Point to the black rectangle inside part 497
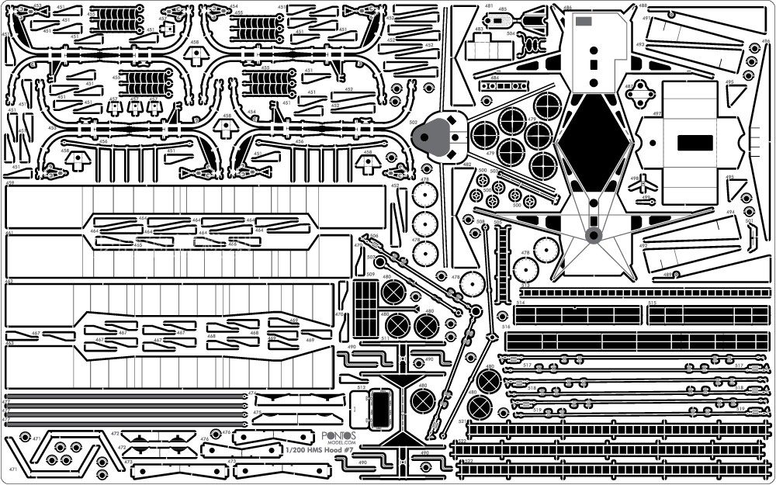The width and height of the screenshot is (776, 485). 695,143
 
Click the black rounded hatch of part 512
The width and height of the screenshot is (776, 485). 380,408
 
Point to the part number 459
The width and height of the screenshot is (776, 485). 9,183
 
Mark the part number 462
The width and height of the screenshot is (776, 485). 9,282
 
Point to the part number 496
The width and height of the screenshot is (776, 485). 765,42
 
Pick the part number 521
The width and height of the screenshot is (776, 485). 462,421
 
